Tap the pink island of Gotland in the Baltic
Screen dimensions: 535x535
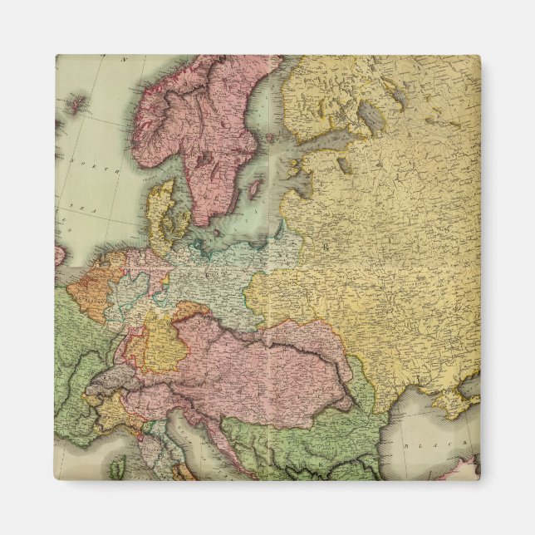point(254,190)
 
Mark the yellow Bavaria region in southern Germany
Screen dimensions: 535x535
point(164,341)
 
